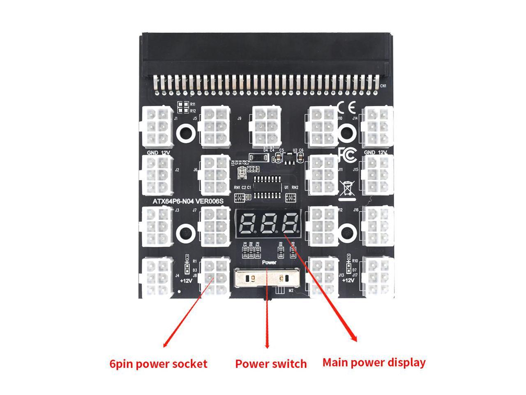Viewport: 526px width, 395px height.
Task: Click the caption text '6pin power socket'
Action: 158,364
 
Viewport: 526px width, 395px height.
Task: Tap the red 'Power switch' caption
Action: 271,364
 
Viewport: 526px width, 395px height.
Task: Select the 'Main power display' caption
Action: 374,362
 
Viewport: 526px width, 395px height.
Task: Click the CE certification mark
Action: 346,108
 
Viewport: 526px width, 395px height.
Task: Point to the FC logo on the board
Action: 346,154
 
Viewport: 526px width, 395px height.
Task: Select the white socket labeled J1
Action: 157,126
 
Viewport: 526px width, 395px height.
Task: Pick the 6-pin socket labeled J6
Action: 215,175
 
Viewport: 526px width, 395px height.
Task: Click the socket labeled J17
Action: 377,276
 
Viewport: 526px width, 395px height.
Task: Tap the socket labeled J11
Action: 321,175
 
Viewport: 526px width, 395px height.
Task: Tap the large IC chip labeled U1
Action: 268,188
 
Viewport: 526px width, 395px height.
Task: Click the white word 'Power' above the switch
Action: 269,262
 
